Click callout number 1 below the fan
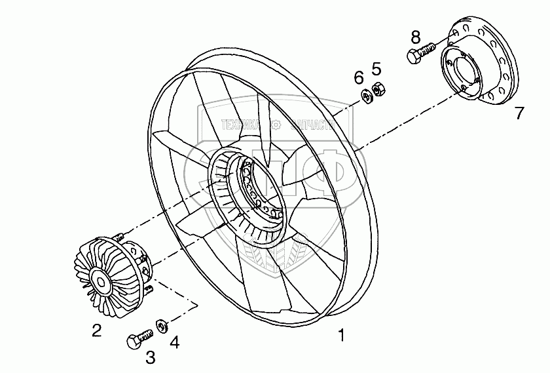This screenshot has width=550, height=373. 340,336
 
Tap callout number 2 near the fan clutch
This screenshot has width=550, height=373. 96,331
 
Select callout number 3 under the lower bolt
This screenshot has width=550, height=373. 150,358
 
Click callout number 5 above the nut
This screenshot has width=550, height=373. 376,68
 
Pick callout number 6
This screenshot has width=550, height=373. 359,77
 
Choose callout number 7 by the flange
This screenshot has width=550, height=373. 519,113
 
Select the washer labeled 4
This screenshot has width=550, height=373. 160,324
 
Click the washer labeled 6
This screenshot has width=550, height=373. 367,96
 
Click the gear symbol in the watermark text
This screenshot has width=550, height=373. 277,123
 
